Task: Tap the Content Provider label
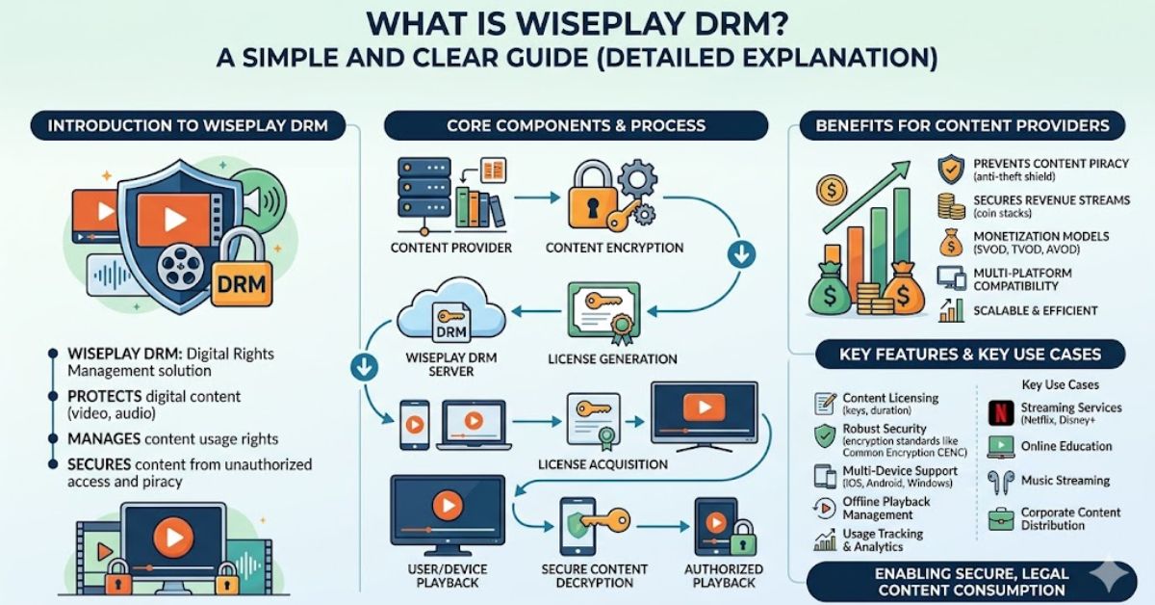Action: (x=451, y=248)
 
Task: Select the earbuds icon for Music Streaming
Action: (x=1000, y=481)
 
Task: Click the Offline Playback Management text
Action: (x=885, y=508)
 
